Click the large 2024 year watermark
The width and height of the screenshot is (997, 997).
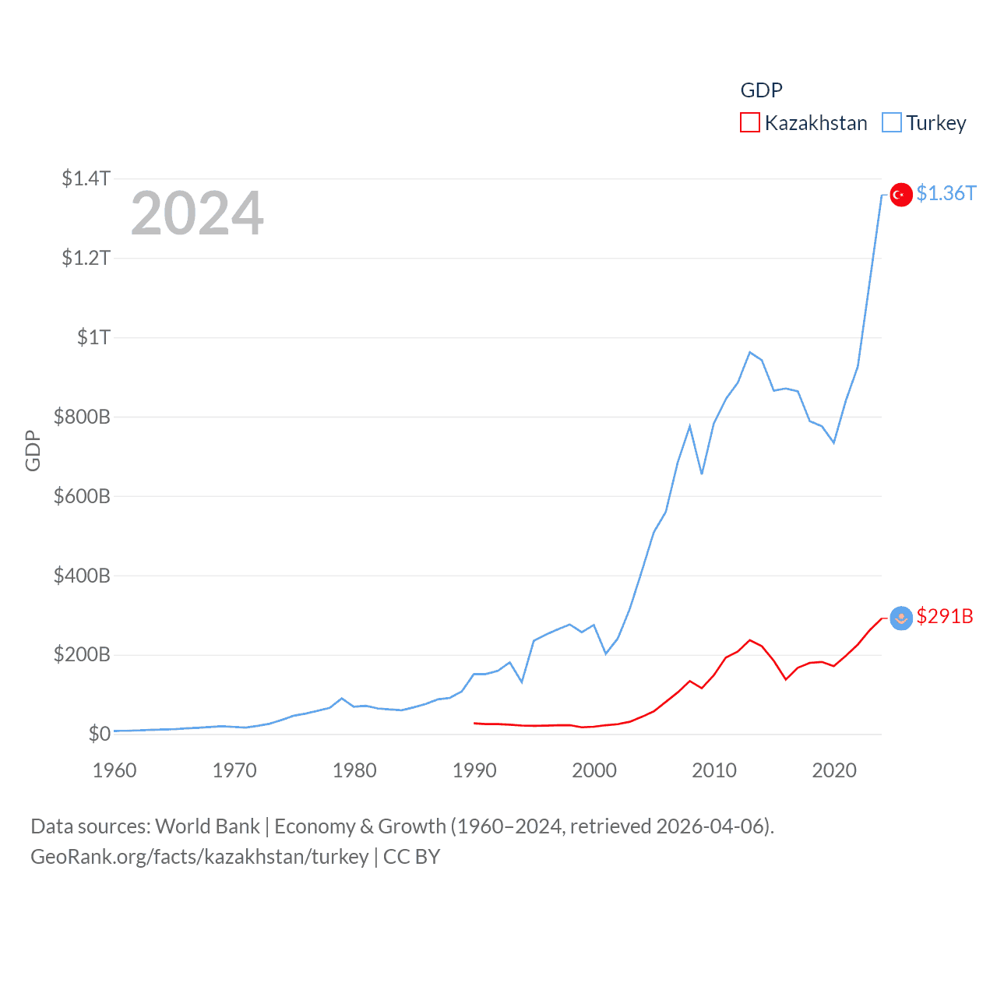(197, 213)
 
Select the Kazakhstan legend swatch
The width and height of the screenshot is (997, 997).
(749, 123)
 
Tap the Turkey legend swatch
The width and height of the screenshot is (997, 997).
(891, 123)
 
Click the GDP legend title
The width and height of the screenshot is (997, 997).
(761, 90)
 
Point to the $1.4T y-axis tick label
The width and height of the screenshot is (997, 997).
(86, 178)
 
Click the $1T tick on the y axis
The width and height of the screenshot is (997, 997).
(93, 337)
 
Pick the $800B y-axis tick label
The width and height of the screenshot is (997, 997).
(82, 417)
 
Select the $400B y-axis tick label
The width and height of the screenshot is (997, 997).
(82, 576)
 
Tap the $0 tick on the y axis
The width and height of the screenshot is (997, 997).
(99, 734)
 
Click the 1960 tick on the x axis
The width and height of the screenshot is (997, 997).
(114, 770)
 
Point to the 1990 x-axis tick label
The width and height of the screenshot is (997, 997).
(474, 770)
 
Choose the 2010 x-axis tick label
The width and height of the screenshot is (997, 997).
(714, 770)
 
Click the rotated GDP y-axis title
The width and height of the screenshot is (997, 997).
(33, 450)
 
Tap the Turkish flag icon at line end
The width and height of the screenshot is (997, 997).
(901, 195)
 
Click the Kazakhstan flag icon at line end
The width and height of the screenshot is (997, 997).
(901, 618)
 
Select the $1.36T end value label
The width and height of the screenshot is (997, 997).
(946, 193)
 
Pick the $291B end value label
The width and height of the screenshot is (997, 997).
(945, 616)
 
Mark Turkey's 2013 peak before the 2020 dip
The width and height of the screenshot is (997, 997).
(750, 352)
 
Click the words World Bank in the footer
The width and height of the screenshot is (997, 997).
(207, 826)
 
